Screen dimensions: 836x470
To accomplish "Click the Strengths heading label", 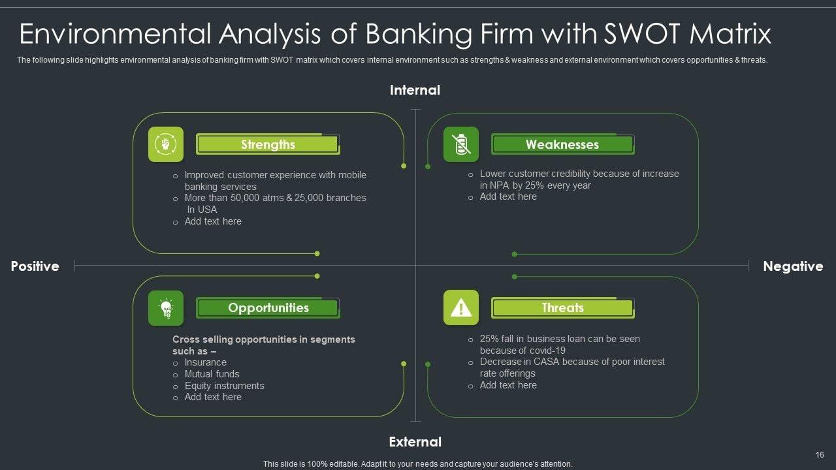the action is pyautogui.click(x=268, y=145).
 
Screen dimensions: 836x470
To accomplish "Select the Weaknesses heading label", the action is pyautogui.click(x=562, y=145).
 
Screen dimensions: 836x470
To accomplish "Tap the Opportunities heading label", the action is pyautogui.click(x=268, y=308).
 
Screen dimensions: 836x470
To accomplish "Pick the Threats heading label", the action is pyautogui.click(x=562, y=308).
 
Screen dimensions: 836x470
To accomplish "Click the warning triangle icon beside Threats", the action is pyautogui.click(x=461, y=307).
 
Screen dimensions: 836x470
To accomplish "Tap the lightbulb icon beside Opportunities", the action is pyautogui.click(x=166, y=307).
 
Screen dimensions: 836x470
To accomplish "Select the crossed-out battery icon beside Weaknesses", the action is pyautogui.click(x=461, y=144).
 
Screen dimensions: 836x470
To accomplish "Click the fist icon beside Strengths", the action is pyautogui.click(x=166, y=144).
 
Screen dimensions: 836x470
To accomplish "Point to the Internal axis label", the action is pyautogui.click(x=415, y=90).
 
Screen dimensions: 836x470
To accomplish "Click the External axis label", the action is pyautogui.click(x=415, y=442).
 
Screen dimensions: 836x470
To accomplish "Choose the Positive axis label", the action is pyautogui.click(x=35, y=266).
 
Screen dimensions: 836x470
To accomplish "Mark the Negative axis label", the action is pyautogui.click(x=793, y=266).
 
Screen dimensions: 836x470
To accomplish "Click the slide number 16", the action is pyautogui.click(x=820, y=455).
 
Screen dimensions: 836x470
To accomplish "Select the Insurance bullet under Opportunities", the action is pyautogui.click(x=205, y=362).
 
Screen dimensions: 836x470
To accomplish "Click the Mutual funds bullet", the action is pyautogui.click(x=212, y=374).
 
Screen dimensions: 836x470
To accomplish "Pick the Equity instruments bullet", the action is pyautogui.click(x=224, y=386).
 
